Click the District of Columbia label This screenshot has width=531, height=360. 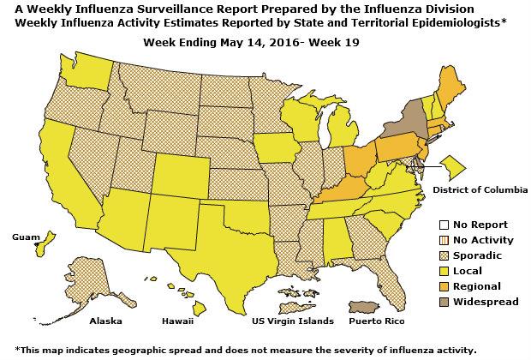click(x=480, y=189)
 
